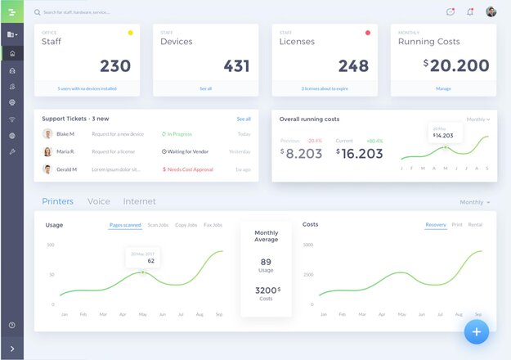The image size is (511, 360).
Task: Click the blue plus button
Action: pos(477,331)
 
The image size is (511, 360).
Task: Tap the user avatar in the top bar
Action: pos(491,11)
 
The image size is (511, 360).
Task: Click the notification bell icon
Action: pos(470,11)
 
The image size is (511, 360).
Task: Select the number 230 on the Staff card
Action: pos(115,65)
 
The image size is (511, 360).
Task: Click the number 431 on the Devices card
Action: pos(236,65)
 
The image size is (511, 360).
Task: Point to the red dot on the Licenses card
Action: pos(368,33)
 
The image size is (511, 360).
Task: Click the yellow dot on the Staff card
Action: pos(130,33)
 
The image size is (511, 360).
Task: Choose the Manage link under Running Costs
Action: pos(443,88)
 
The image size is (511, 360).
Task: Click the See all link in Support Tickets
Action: pos(244,119)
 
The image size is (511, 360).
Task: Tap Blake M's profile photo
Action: pos(47,133)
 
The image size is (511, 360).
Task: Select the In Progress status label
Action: pos(178,133)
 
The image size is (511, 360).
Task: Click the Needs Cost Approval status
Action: pos(190,169)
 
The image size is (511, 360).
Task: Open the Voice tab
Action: pos(99,201)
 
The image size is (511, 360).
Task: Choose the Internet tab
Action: pos(139,201)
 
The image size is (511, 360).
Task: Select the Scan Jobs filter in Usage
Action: pos(158,224)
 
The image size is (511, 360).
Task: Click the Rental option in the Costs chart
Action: pos(475,224)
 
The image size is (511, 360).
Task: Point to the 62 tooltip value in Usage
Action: pos(140,261)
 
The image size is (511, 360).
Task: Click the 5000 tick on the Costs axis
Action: pos(308,245)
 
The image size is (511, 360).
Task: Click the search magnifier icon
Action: pos(38,12)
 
